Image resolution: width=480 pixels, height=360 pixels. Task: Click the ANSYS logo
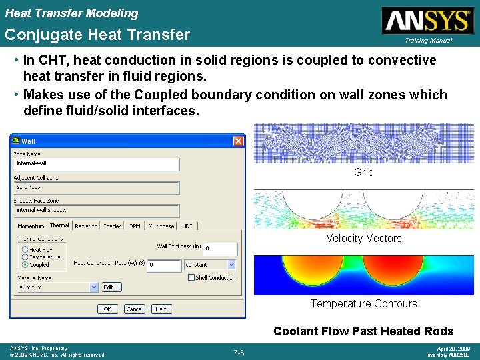427,21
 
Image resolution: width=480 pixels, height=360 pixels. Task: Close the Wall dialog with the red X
238,141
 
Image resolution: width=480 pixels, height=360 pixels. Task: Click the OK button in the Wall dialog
107,309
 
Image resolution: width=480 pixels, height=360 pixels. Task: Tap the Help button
160,309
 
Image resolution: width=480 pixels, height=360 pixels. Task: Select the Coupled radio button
25,264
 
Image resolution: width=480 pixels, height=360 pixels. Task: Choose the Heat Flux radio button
25,249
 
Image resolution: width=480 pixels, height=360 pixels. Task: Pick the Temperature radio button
25,257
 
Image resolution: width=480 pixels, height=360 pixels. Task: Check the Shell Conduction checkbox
191,277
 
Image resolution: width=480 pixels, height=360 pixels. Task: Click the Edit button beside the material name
108,287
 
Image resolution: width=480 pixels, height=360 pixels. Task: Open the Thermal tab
59,225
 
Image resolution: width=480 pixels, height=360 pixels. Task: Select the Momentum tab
31,227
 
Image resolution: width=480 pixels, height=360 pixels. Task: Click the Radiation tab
86,227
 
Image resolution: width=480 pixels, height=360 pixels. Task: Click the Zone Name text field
97,163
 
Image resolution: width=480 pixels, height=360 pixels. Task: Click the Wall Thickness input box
219,249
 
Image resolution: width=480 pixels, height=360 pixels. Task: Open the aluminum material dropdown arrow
93,287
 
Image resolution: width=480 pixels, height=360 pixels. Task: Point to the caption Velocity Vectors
364,238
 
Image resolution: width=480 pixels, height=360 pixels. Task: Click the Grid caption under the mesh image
364,172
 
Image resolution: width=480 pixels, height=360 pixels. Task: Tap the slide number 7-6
239,352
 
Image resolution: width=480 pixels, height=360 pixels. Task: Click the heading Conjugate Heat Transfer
97,35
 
